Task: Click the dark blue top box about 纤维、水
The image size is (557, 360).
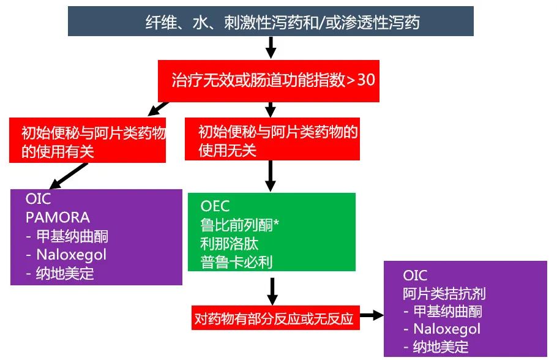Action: [270, 21]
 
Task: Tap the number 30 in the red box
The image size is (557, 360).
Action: [365, 80]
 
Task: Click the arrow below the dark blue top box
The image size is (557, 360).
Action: [270, 47]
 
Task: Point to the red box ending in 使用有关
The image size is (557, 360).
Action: [88, 141]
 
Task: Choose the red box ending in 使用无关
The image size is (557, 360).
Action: [272, 140]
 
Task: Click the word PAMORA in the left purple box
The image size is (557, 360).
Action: [58, 217]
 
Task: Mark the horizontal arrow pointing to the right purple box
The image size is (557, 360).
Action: [371, 315]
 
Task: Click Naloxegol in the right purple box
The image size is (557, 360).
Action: [443, 329]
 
